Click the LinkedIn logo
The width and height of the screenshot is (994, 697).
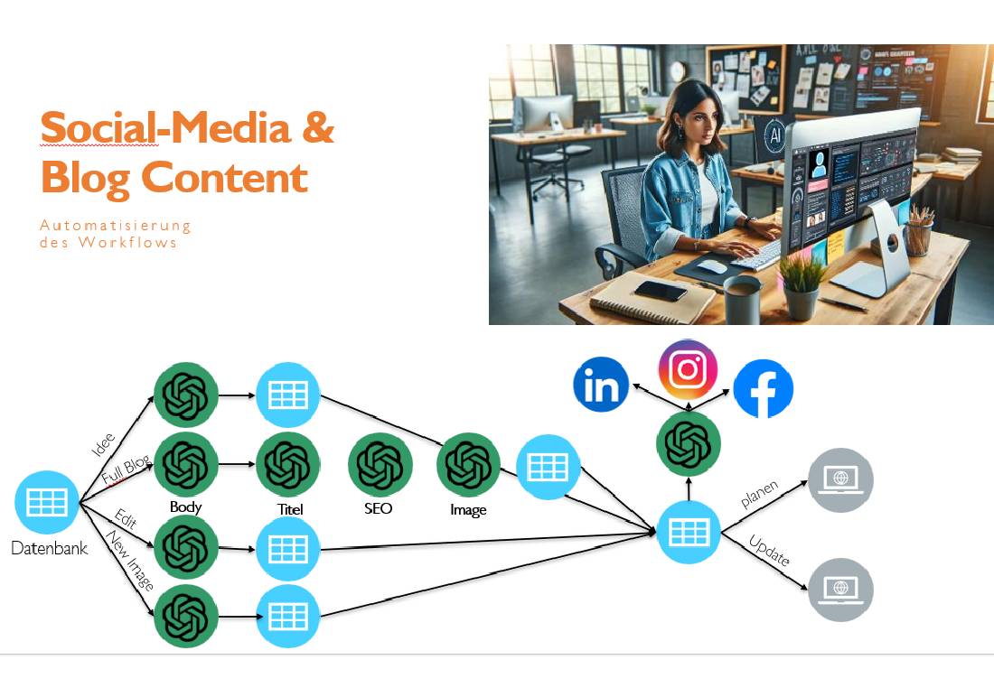(602, 385)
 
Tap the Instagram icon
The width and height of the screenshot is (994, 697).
(688, 369)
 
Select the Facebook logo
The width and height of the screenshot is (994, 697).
(764, 389)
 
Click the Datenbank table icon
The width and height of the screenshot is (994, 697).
(47, 501)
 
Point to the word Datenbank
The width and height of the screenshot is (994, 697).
(49, 547)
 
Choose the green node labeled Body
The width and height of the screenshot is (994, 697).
(186, 463)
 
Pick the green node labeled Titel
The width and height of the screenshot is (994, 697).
(288, 463)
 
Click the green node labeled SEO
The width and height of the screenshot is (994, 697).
(380, 465)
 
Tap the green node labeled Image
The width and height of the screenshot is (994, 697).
(468, 465)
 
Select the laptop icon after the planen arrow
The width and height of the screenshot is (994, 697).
(840, 480)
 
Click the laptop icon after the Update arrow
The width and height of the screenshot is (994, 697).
(840, 590)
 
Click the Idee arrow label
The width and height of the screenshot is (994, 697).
(104, 445)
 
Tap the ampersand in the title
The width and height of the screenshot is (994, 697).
(317, 128)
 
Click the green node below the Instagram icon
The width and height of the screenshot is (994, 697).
(689, 443)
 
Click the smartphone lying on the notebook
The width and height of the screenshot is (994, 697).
(661, 290)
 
